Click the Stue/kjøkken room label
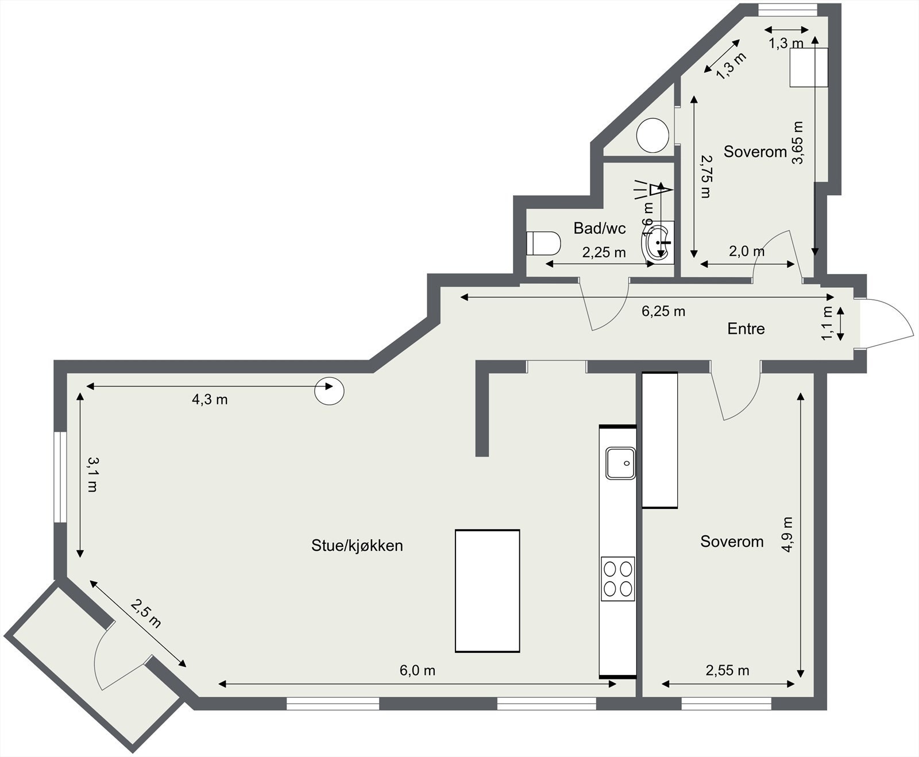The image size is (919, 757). (x=357, y=545)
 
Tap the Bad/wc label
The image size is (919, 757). (x=599, y=228)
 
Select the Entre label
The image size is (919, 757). (x=746, y=329)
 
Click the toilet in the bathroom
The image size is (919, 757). (x=543, y=244)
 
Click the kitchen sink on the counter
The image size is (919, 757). (x=620, y=463)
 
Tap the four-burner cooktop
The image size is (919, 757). (x=618, y=578)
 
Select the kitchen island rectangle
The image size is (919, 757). (x=487, y=590)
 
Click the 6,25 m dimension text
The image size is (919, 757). (x=663, y=311)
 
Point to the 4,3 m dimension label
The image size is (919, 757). (x=210, y=399)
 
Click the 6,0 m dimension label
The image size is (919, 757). (x=417, y=670)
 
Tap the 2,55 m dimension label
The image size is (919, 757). (x=727, y=670)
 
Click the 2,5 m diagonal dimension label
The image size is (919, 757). (x=146, y=613)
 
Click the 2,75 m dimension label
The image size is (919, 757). (x=706, y=176)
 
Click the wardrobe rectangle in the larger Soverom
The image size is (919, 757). (x=659, y=440)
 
